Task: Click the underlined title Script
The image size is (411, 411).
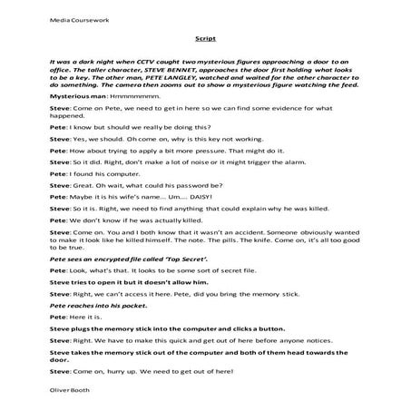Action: pos(205,39)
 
